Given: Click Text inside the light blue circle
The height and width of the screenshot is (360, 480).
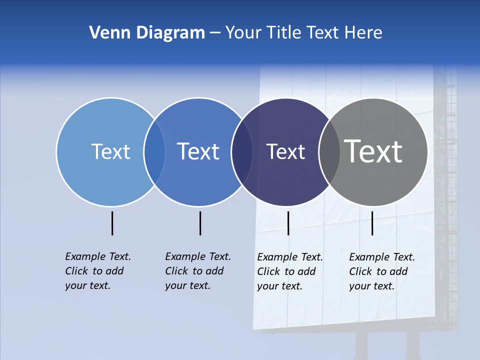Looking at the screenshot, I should click(110, 151).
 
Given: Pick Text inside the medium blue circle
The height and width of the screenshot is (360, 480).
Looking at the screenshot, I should click(198, 151).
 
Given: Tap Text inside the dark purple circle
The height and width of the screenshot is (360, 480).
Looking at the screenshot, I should click(285, 151).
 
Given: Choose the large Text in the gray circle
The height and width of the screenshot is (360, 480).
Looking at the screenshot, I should click(373, 151).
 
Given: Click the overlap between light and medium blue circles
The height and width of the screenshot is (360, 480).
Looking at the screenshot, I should click(154, 152).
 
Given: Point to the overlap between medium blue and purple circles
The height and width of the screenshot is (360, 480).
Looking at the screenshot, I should click(242, 152).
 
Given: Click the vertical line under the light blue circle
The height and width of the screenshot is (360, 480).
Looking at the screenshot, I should click(112, 223).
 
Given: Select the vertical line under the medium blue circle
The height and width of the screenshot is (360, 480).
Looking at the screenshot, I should click(200, 223).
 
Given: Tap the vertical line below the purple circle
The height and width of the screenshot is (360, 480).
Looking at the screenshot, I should click(288, 223).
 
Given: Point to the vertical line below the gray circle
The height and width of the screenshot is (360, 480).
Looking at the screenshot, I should click(372, 223).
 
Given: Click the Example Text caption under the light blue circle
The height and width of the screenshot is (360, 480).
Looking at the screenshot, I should click(97, 271).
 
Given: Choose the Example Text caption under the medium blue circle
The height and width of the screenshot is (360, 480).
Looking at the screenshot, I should click(197, 271).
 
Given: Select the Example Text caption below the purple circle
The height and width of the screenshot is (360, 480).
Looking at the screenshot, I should click(289, 271).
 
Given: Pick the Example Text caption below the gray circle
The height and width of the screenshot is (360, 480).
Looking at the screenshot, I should click(381, 271).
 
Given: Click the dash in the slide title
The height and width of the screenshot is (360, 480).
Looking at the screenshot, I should click(214, 33).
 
